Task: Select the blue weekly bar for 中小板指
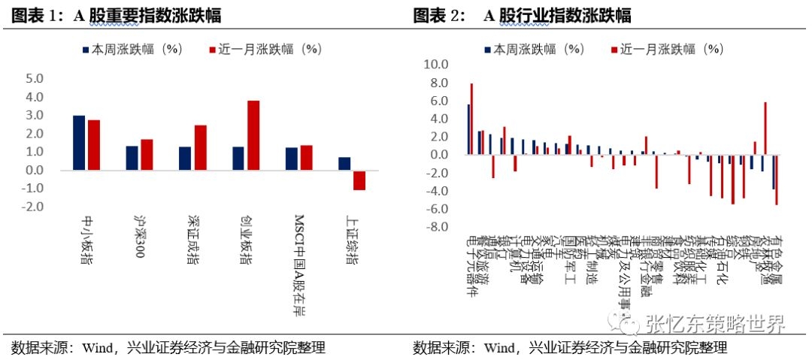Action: point(78,143)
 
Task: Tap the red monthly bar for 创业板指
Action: point(253,135)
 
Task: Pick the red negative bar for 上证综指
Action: point(359,180)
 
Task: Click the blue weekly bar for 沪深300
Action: point(132,158)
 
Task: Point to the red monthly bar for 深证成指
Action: point(200,147)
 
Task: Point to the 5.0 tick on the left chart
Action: point(35,79)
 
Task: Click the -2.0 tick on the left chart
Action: point(35,207)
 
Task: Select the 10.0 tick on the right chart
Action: point(436,65)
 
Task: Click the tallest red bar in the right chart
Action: point(471,119)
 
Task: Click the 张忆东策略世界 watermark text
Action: point(715,325)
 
